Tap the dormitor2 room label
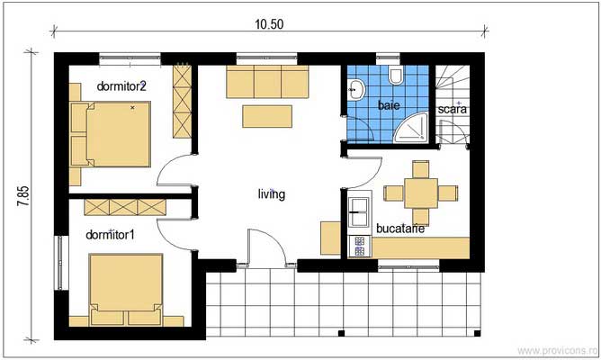(121, 87)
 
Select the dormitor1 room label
(110, 235)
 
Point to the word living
(271, 193)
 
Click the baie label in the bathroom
(389, 105)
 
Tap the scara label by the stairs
(453, 110)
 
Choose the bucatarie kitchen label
(400, 229)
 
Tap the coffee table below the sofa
(267, 117)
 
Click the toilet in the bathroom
(397, 76)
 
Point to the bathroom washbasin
(355, 89)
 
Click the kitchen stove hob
(357, 245)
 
